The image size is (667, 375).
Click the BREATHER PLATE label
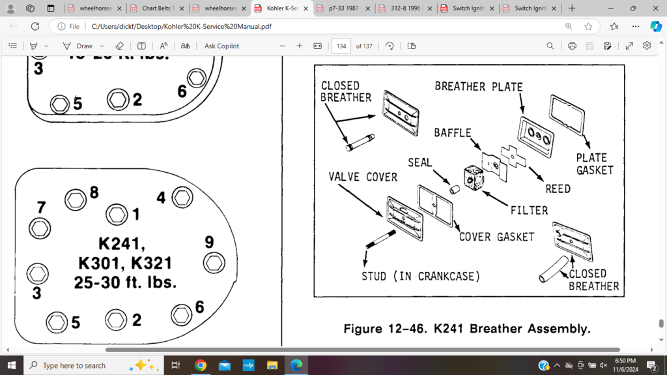[x=478, y=86]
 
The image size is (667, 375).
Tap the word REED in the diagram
[x=558, y=188]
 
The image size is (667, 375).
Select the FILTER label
[x=529, y=210]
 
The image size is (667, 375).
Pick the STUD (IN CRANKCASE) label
[x=421, y=276]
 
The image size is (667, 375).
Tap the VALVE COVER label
[x=363, y=177]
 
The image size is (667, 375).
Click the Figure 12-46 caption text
[x=467, y=329]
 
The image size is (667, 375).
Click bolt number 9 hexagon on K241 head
[x=214, y=263]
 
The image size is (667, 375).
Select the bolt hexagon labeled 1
[x=117, y=214]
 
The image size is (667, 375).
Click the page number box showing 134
[x=341, y=46]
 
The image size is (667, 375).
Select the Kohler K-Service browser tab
[x=282, y=8]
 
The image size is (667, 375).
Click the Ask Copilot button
[x=221, y=46]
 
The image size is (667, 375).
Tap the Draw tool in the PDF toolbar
[x=78, y=46]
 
